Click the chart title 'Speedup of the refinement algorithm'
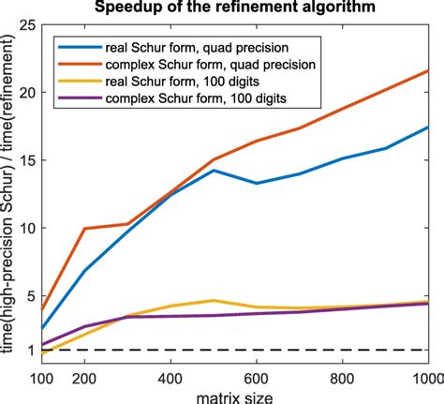pos(234,9)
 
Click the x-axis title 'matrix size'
pos(234,395)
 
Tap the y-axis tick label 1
pos(30,351)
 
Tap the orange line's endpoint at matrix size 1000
pos(428,70)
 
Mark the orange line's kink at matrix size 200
pos(85,229)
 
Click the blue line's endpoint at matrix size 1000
pos(428,127)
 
